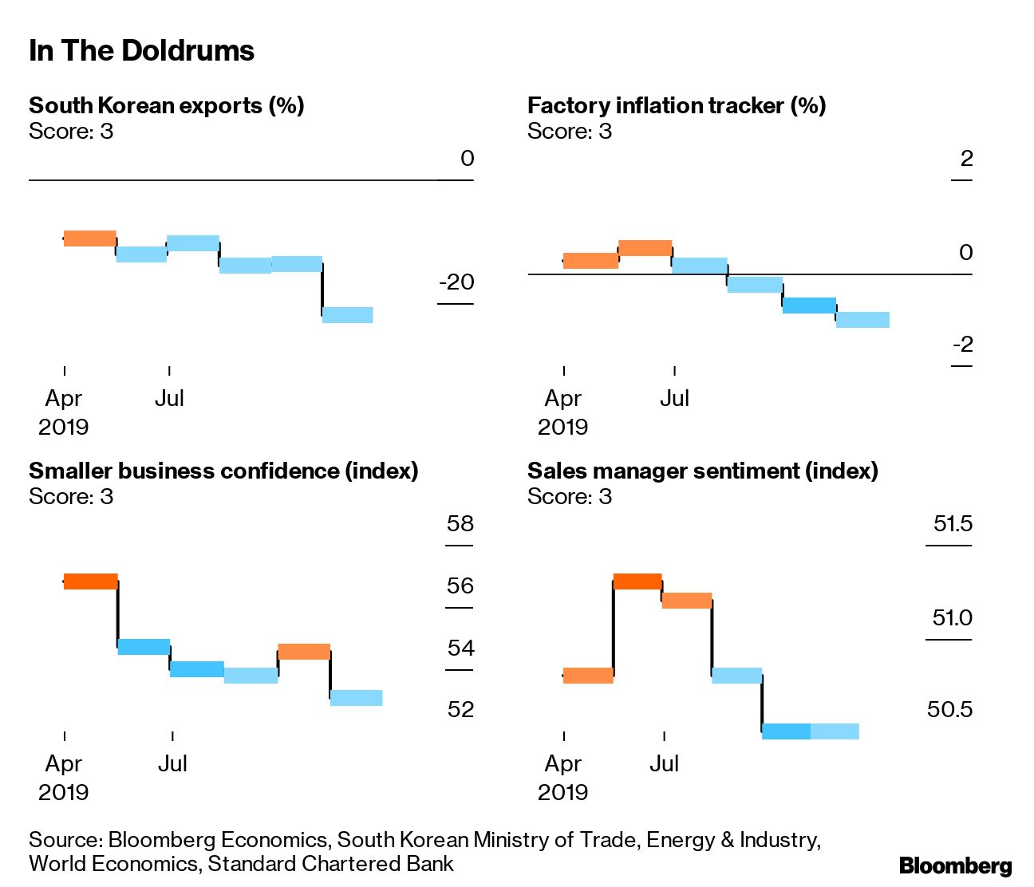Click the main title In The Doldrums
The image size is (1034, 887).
pos(141,51)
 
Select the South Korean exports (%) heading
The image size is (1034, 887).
pos(166,105)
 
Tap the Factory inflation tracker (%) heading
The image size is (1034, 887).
pos(676,105)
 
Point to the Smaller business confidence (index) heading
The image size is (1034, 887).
pos(223,471)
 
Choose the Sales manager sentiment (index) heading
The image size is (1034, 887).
pos(702,471)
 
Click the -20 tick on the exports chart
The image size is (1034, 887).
pos(456,282)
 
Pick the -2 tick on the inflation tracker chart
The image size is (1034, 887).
pos(963,345)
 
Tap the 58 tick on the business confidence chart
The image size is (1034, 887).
pos(460,524)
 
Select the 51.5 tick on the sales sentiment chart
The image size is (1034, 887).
pos(953,524)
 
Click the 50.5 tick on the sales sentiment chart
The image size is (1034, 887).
pos(949,709)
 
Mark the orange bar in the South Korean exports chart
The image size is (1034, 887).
pos(89,238)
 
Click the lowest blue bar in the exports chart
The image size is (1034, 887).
pos(347,314)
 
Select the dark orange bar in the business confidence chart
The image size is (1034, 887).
pos(90,581)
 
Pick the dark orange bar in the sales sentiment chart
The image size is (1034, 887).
pos(637,581)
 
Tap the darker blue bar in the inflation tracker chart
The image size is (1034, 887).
pos(809,305)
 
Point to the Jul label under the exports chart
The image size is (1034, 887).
pos(169,398)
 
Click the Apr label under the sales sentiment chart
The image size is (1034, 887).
pos(563,763)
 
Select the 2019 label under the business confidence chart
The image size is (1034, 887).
pos(64,792)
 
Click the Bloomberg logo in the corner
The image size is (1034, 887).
pos(955,865)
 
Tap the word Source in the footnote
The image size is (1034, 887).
pos(64,840)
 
